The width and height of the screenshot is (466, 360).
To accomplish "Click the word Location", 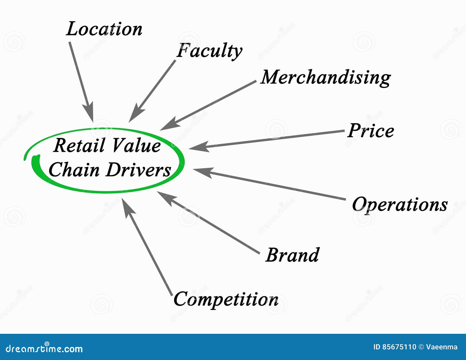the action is click(x=104, y=29).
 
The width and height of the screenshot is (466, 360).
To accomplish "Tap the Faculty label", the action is click(x=209, y=51).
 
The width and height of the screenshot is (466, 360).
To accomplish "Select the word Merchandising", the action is click(x=326, y=77).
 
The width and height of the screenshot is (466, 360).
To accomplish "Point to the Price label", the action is click(x=371, y=131).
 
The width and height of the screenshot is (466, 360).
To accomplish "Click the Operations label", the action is click(x=400, y=204).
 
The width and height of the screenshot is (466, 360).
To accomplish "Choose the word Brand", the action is click(x=292, y=255).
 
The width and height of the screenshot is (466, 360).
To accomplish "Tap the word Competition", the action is click(x=226, y=299).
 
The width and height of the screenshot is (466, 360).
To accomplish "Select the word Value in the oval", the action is click(x=136, y=145).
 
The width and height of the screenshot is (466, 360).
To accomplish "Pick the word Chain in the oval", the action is click(x=74, y=170).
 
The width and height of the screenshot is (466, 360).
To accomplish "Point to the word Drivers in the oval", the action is click(x=138, y=170).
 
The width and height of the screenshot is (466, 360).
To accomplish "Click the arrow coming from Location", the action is click(x=81, y=82).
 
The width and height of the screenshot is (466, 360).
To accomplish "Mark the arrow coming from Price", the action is click(x=266, y=139).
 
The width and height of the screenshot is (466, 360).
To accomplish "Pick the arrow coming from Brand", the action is click(x=208, y=223).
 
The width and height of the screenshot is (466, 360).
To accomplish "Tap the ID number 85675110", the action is click(x=399, y=347).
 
